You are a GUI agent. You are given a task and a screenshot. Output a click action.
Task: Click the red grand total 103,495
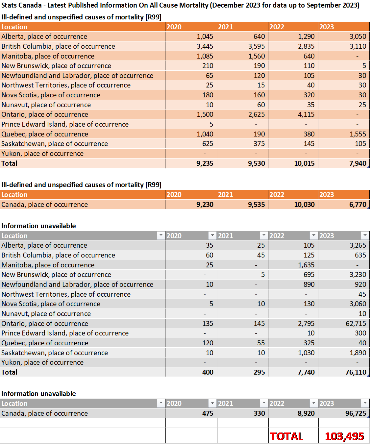pos(344,436)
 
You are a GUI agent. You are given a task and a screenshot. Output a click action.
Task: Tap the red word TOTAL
pos(286,436)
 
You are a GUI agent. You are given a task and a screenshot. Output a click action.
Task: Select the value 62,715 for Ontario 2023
pos(356,323)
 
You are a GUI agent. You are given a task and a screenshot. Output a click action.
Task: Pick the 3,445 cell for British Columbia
pos(205,46)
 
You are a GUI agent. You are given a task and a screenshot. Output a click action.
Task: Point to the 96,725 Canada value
pos(356,413)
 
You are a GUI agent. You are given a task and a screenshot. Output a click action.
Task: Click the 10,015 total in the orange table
pos(304,163)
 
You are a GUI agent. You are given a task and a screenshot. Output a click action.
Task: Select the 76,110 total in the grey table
pos(356,372)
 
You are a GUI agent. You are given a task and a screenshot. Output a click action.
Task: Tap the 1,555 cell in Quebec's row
pos(358,134)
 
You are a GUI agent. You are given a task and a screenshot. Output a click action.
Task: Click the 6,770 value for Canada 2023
pos(358,204)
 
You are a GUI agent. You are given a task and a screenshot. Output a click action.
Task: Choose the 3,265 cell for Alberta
pos(358,245)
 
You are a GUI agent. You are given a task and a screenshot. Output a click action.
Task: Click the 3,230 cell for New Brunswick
pos(358,275)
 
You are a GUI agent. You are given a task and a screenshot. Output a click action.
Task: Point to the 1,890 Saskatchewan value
pos(358,353)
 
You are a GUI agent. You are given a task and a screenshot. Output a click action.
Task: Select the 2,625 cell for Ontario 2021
pos(257,114)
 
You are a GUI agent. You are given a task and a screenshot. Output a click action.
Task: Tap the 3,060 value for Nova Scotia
pos(358,304)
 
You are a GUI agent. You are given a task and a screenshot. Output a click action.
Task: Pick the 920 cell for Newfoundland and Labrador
pos(360,284)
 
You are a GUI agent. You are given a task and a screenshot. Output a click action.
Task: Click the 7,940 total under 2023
pos(358,163)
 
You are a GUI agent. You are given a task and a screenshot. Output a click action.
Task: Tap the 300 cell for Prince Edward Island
pos(360,333)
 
